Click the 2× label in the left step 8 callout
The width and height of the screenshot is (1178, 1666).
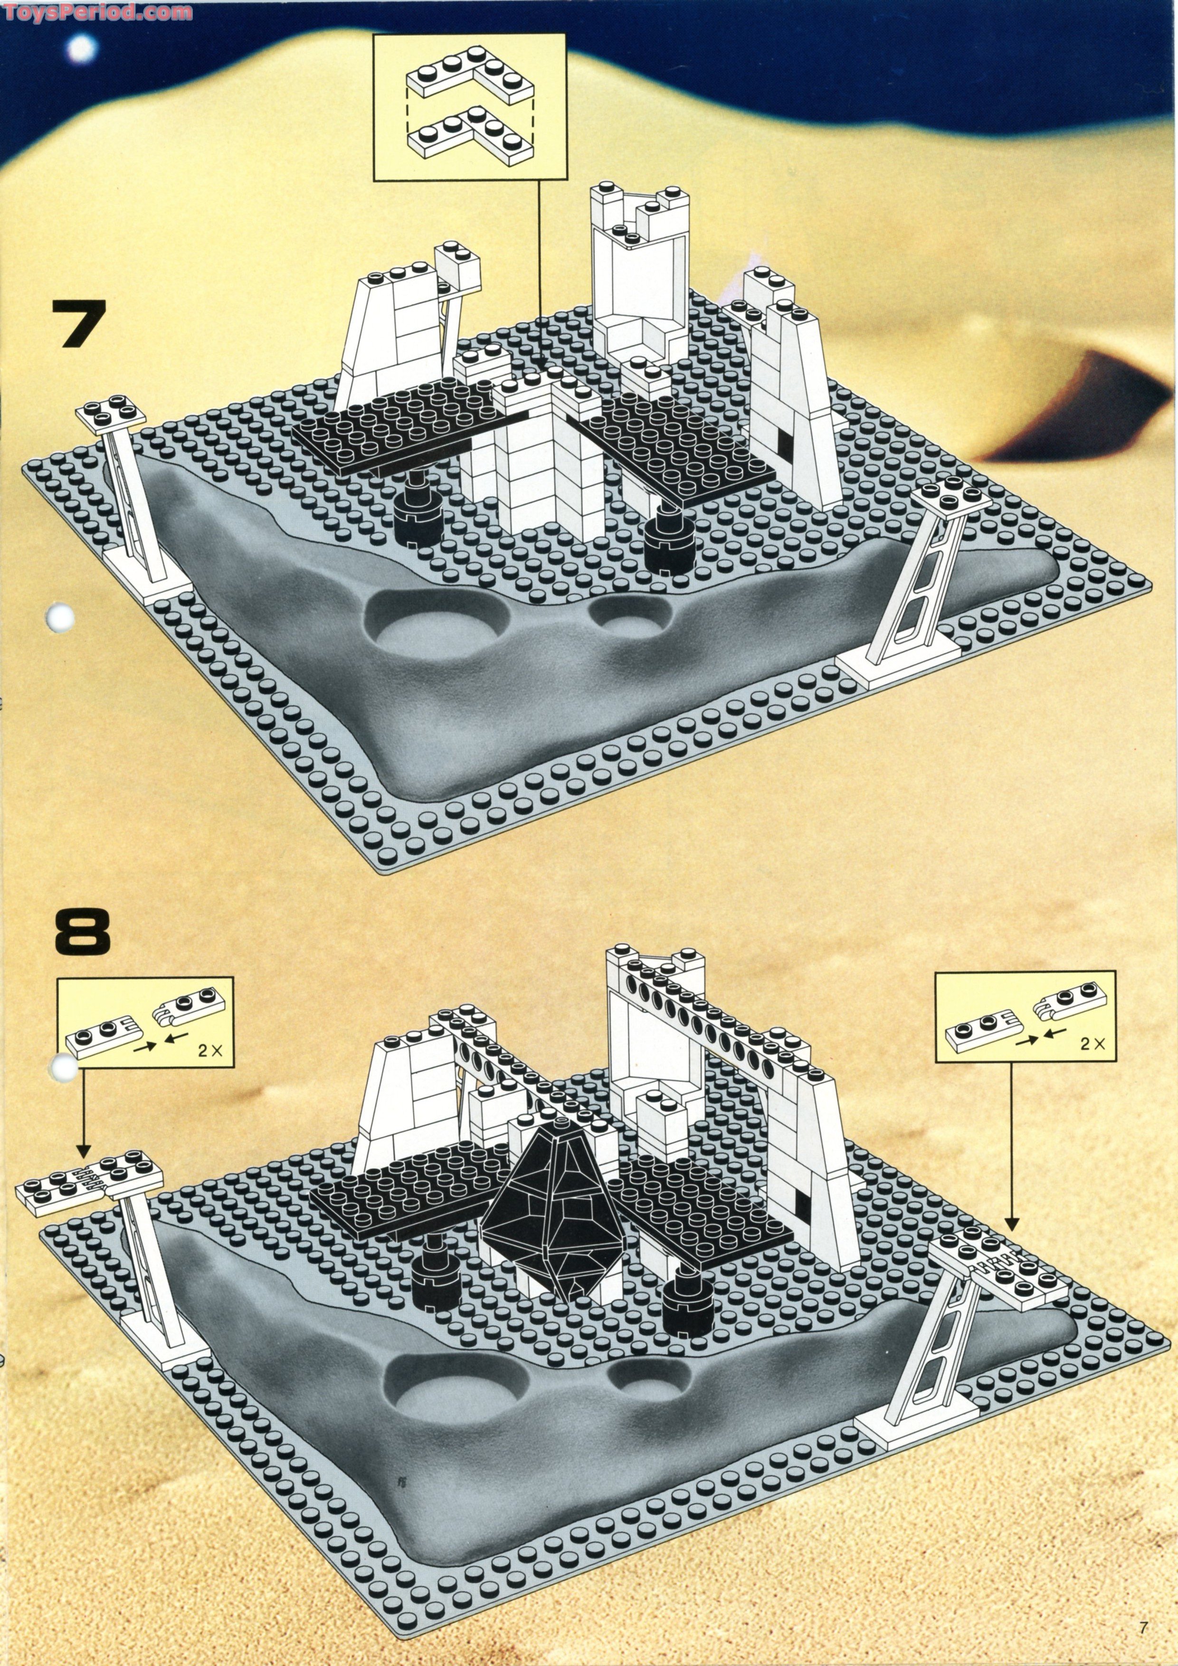tap(209, 1051)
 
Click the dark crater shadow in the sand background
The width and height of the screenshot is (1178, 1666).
tap(1073, 406)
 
